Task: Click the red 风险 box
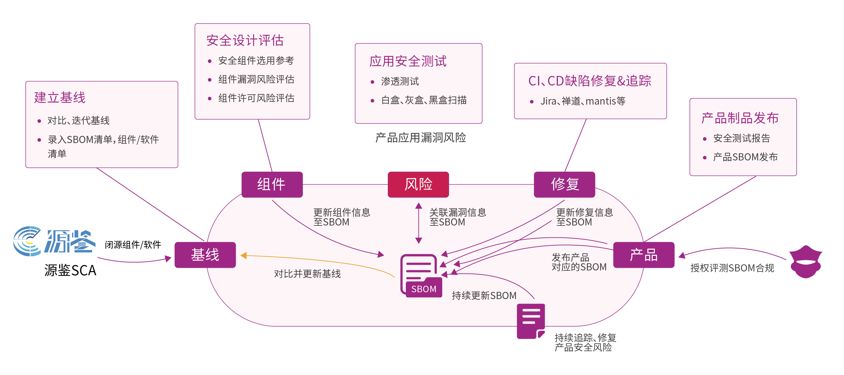click(x=418, y=184)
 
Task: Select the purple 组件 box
click(x=272, y=184)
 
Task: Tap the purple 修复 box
click(x=564, y=184)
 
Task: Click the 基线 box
click(x=205, y=255)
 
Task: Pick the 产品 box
click(x=644, y=255)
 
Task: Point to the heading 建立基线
click(x=60, y=98)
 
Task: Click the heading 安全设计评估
click(x=245, y=41)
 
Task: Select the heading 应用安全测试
click(x=408, y=61)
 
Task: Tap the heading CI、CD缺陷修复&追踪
click(x=590, y=81)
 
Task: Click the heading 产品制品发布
click(x=740, y=118)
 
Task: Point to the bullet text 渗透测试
click(x=400, y=81)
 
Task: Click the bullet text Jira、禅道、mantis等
click(x=583, y=101)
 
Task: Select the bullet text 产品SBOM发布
click(x=745, y=157)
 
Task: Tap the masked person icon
click(x=806, y=262)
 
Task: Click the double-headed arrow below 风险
click(x=419, y=223)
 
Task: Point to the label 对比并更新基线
click(x=307, y=274)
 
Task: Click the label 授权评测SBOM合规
click(x=732, y=268)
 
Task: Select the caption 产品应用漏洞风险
click(x=420, y=138)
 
